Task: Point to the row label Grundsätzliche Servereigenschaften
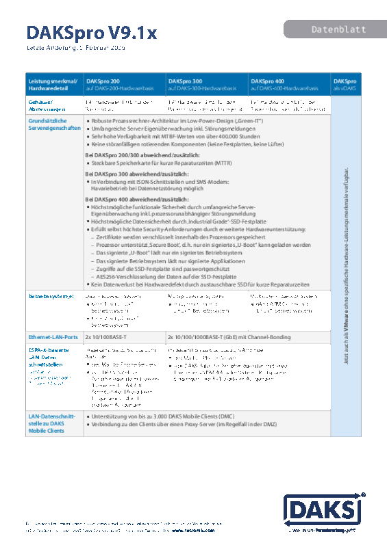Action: (50, 123)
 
